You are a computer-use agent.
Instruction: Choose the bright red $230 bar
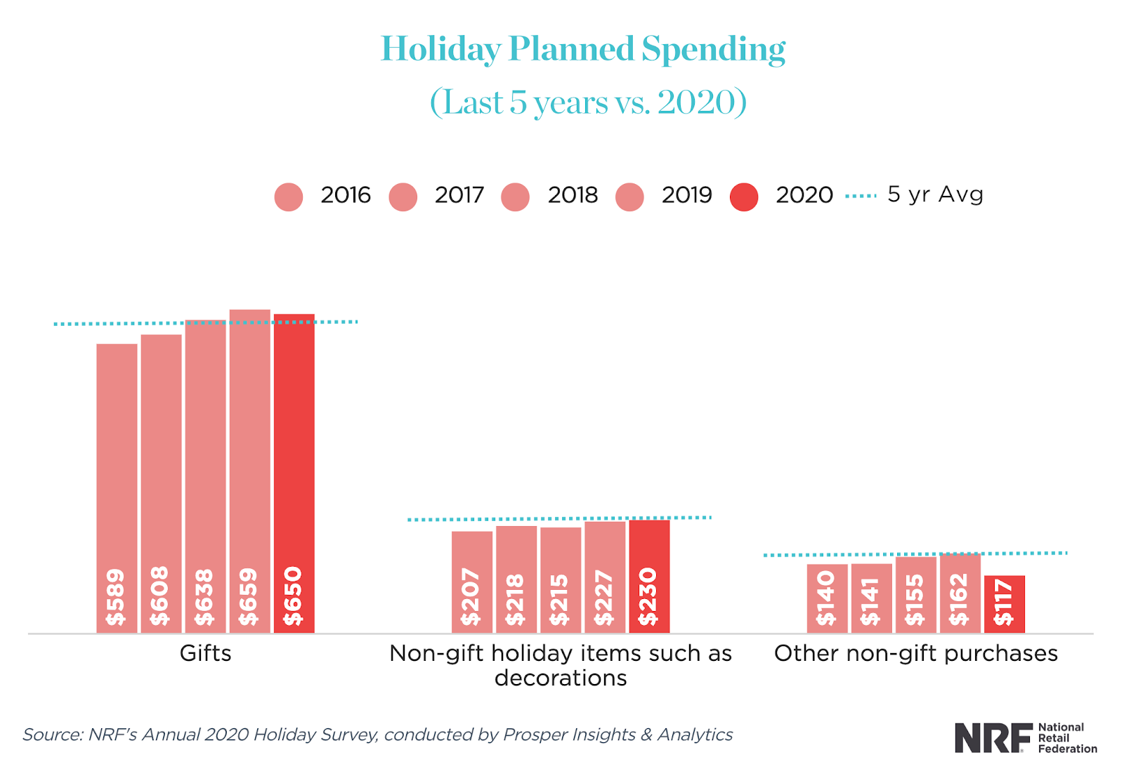pos(649,576)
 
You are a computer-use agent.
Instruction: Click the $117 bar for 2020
pos(1004,604)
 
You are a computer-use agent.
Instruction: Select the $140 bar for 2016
pos(827,597)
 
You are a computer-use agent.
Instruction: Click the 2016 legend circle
pos(289,197)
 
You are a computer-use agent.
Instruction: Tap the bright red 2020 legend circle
pos(744,197)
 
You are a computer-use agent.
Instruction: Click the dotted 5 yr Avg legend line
pos(861,196)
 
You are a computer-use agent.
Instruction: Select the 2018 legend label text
pos(573,195)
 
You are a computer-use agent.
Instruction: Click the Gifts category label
pos(205,654)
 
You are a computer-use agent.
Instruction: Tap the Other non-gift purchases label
pos(915,654)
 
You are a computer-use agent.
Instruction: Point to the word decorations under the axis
pos(560,678)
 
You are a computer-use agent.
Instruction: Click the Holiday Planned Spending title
pos(582,49)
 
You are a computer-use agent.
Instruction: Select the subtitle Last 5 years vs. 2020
pos(588,103)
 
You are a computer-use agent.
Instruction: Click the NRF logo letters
pos(992,738)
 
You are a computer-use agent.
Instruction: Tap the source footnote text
pos(377,735)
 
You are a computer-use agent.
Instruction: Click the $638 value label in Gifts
pos(204,598)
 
